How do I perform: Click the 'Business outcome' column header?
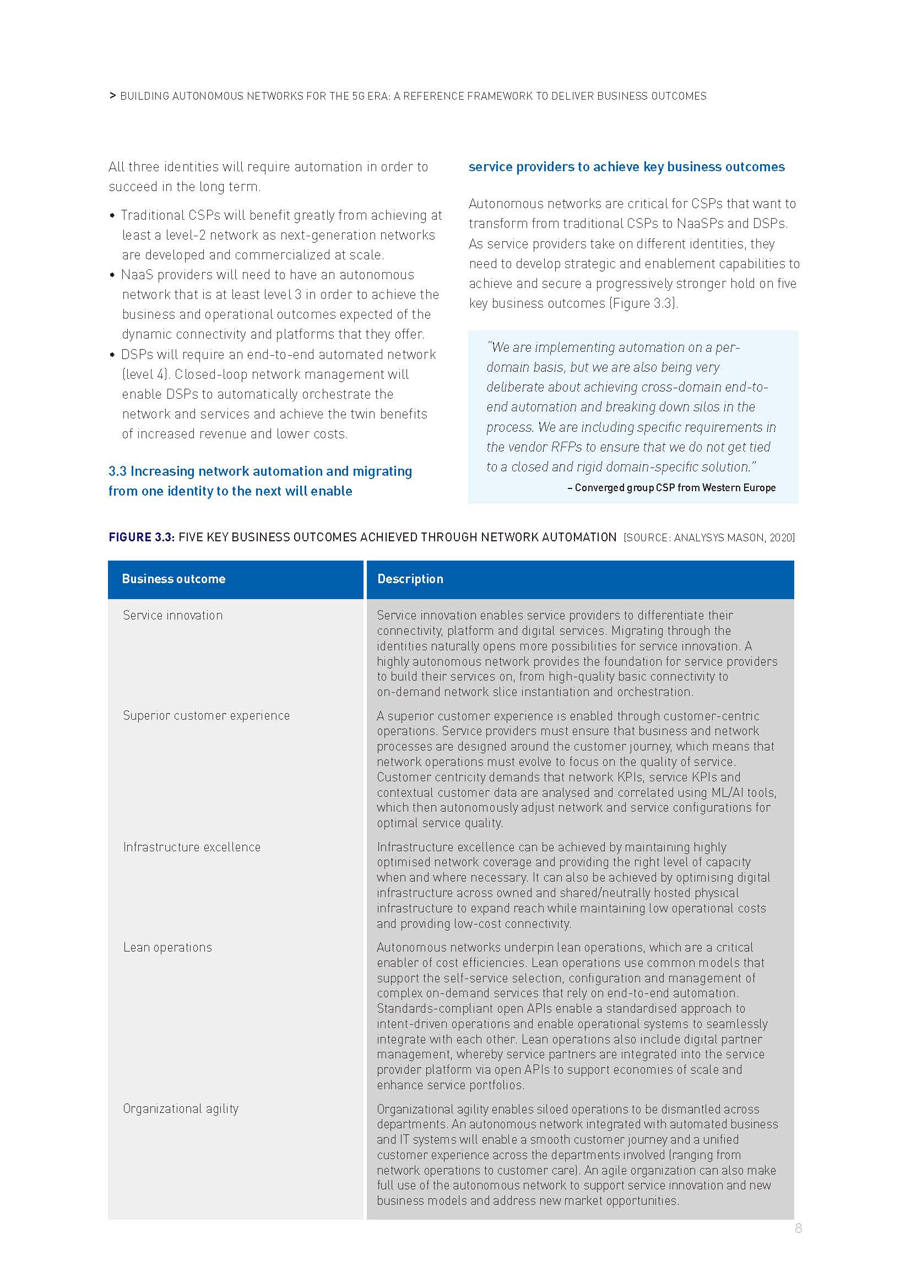point(173,579)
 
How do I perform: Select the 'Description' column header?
point(410,579)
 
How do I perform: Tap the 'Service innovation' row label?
point(173,616)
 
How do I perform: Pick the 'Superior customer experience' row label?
point(207,716)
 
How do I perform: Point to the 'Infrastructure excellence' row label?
point(192,847)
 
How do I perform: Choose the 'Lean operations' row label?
point(168,948)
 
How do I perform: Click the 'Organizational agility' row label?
point(181,1108)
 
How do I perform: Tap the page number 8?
point(798,1229)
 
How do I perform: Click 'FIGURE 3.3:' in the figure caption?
point(142,537)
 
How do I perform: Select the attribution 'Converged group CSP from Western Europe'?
point(675,488)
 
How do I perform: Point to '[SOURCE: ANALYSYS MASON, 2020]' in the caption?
point(709,538)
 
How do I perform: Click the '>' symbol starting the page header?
point(113,96)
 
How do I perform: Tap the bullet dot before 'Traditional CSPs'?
point(113,216)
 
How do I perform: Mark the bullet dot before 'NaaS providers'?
point(113,275)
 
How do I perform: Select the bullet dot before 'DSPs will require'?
point(113,355)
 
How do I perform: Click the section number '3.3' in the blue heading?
point(117,471)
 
